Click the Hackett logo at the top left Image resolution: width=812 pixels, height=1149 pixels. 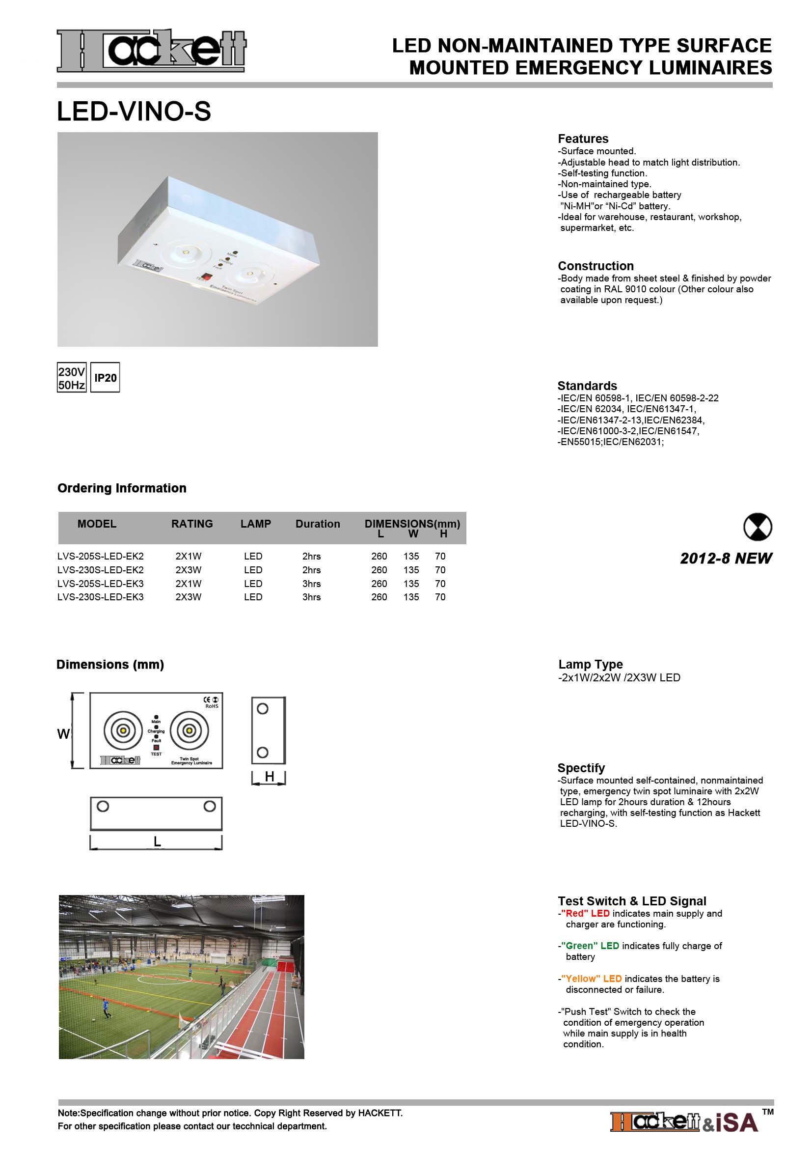pyautogui.click(x=151, y=50)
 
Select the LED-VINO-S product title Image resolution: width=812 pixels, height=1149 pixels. pyautogui.click(x=134, y=111)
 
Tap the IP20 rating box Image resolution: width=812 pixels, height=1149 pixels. pyautogui.click(x=105, y=378)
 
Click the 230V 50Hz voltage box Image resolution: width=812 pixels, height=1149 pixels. pyautogui.click(x=72, y=378)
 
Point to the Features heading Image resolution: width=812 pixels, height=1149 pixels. pyautogui.click(x=583, y=139)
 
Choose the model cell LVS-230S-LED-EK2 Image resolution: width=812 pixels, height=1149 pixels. pyautogui.click(x=101, y=569)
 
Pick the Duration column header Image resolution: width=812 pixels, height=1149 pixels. pyautogui.click(x=318, y=524)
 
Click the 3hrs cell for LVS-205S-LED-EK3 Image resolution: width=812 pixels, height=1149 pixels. pyautogui.click(x=312, y=584)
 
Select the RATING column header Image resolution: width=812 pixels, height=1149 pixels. pyautogui.click(x=192, y=524)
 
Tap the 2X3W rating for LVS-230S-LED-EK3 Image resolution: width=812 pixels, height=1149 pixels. pyautogui.click(x=189, y=597)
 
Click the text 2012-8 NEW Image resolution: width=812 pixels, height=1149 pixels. pyautogui.click(x=726, y=559)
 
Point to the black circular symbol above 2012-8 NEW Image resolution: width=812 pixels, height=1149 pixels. pyautogui.click(x=758, y=527)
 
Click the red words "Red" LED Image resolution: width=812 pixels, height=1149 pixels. pyautogui.click(x=585, y=913)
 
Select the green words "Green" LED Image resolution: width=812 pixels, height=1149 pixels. pyautogui.click(x=590, y=946)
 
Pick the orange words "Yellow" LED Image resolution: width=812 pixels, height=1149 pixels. pyautogui.click(x=592, y=979)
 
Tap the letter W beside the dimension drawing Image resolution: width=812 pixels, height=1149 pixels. pyautogui.click(x=63, y=734)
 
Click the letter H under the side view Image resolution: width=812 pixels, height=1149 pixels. pyautogui.click(x=270, y=776)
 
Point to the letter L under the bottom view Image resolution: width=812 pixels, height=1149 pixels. pyautogui.click(x=157, y=842)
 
